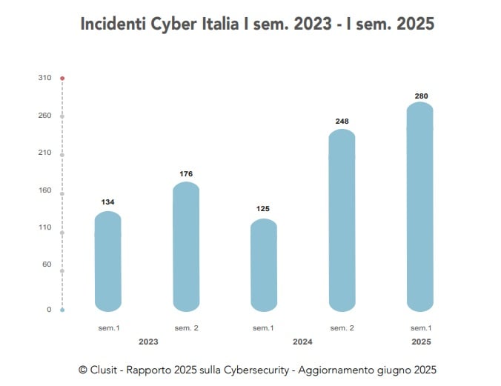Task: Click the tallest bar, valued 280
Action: (420, 207)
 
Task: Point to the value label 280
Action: (421, 96)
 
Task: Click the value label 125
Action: (263, 209)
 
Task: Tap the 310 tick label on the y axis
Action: (45, 78)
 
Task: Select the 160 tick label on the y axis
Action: (45, 190)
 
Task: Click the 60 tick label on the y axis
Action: (47, 264)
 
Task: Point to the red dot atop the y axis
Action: (62, 78)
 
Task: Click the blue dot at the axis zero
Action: (62, 310)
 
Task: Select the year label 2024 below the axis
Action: (302, 342)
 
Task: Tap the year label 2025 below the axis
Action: (421, 342)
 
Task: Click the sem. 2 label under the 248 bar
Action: (342, 327)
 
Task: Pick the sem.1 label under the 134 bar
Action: (108, 327)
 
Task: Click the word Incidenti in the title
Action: (112, 24)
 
